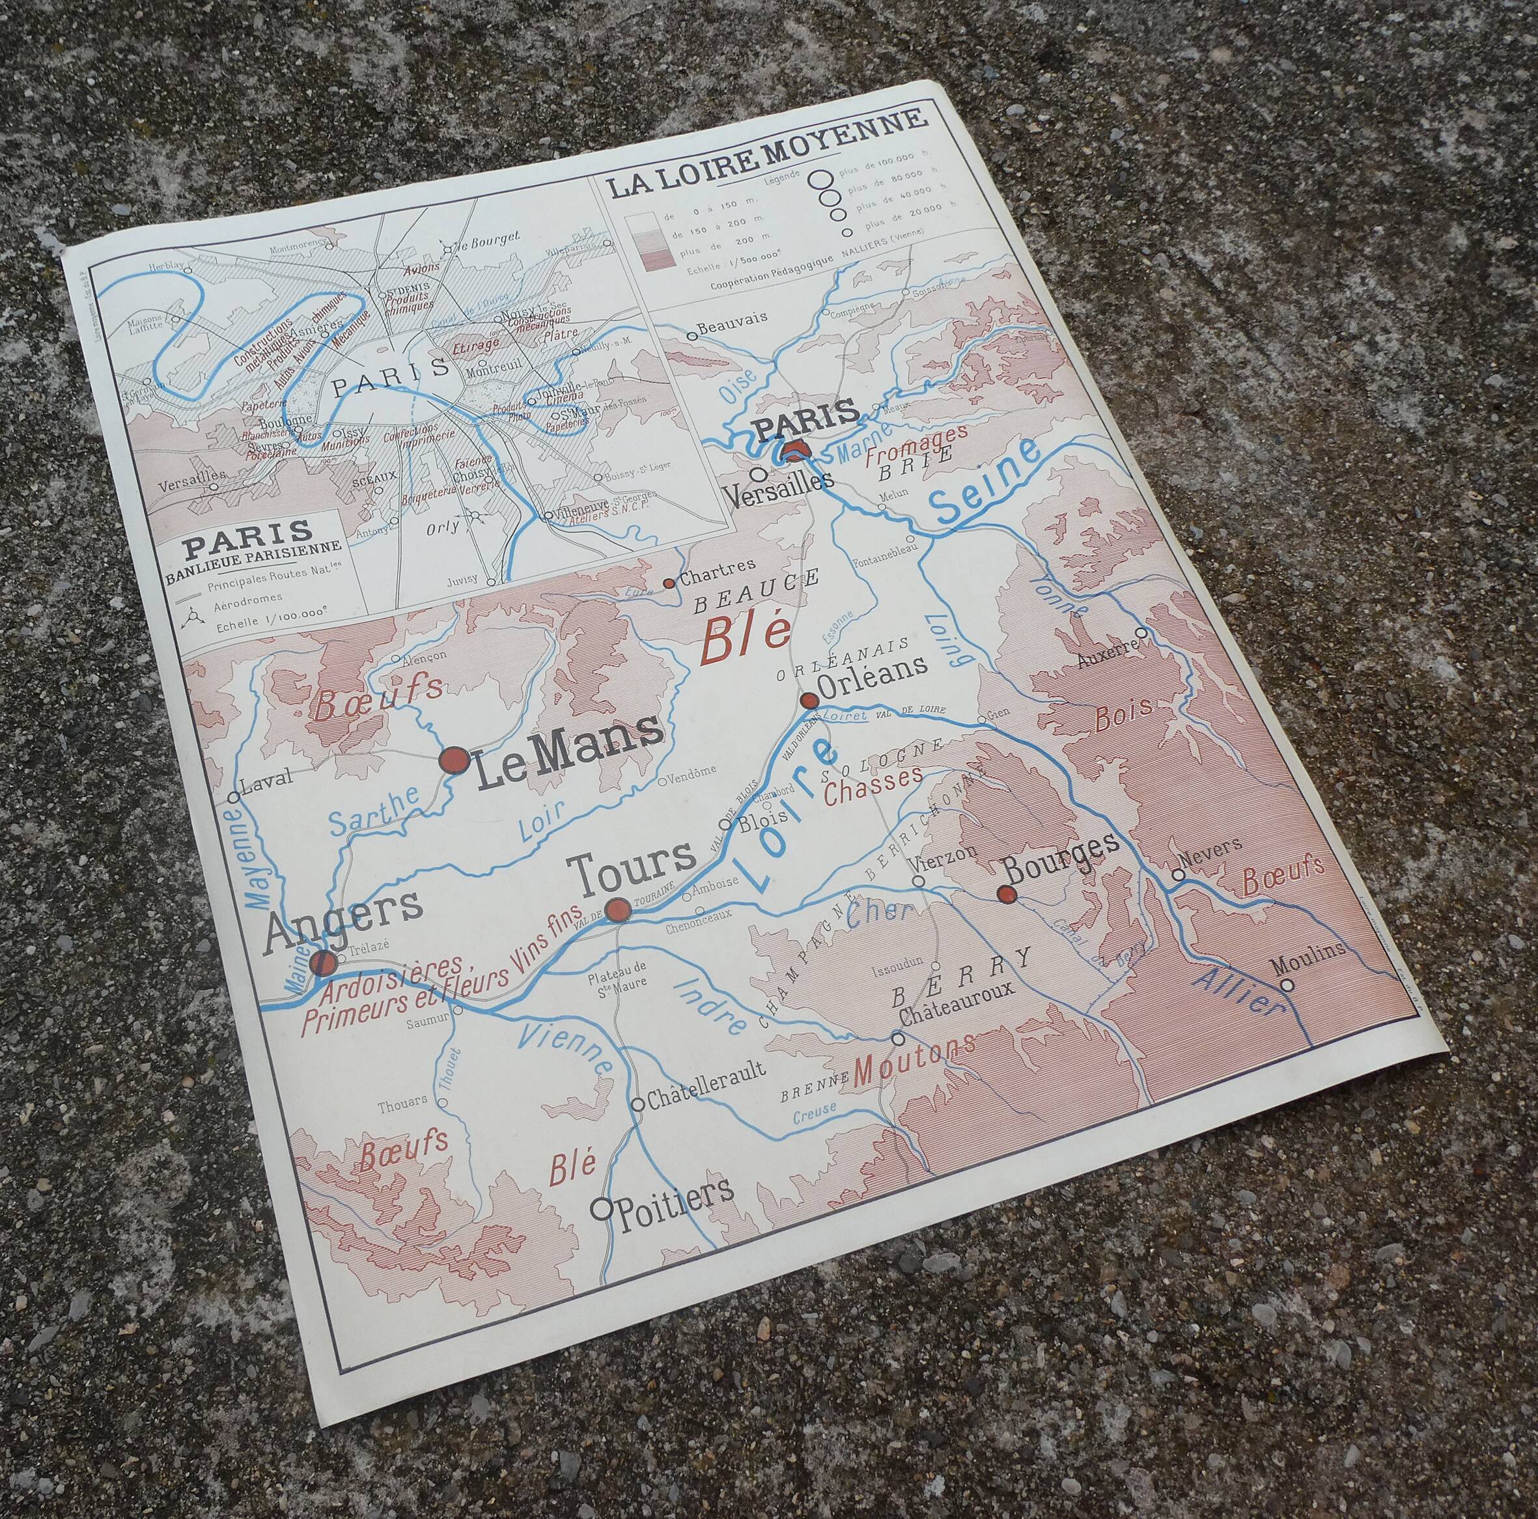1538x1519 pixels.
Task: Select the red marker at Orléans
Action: point(809,701)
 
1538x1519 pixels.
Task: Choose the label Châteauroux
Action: point(955,1014)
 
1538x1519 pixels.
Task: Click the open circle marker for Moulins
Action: point(1287,985)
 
